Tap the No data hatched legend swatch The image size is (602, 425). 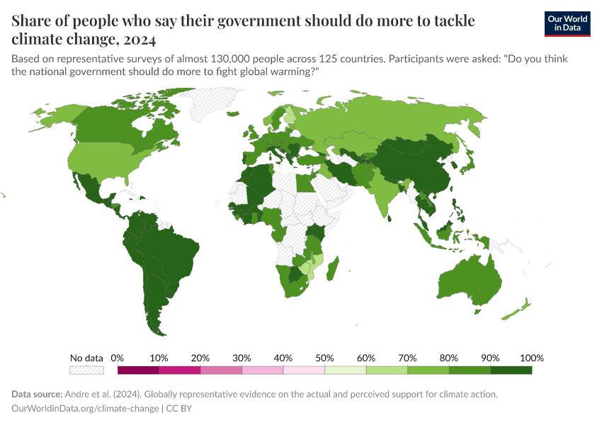[86, 370]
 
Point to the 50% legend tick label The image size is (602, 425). [324, 358]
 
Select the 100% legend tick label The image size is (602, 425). [531, 358]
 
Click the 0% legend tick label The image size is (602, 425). [118, 358]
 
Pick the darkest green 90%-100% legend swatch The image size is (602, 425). [511, 370]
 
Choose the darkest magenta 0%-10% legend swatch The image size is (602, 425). [138, 370]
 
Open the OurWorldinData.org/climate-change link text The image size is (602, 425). [86, 409]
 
